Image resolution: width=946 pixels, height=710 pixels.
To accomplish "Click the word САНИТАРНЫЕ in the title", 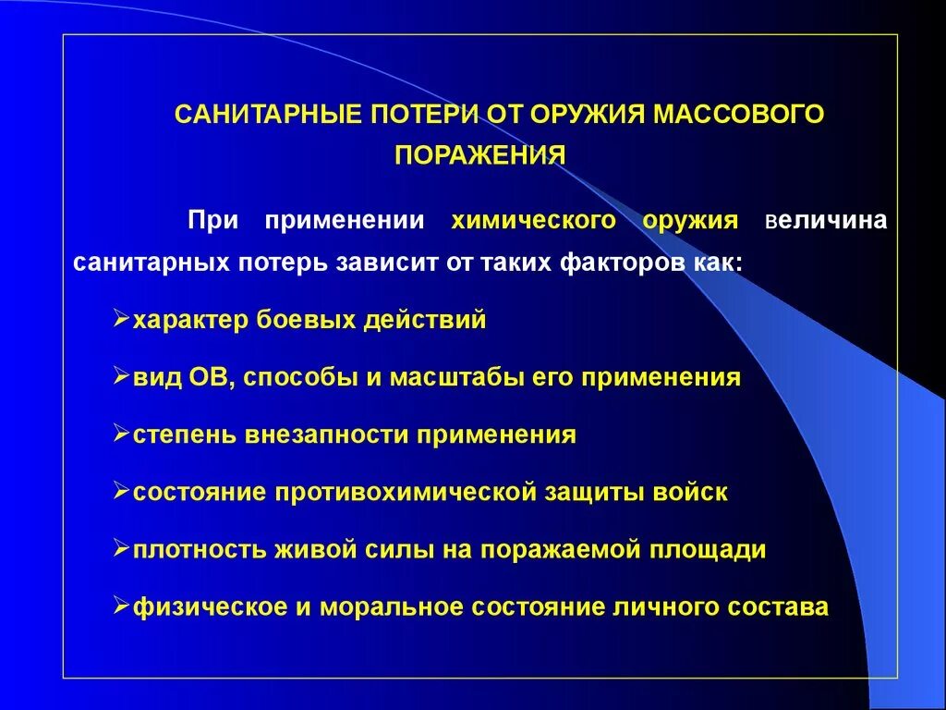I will coord(269,115).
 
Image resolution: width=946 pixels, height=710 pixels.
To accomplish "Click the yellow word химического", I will coord(533,221).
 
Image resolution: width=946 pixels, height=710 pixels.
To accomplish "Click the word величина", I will coord(827,221).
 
